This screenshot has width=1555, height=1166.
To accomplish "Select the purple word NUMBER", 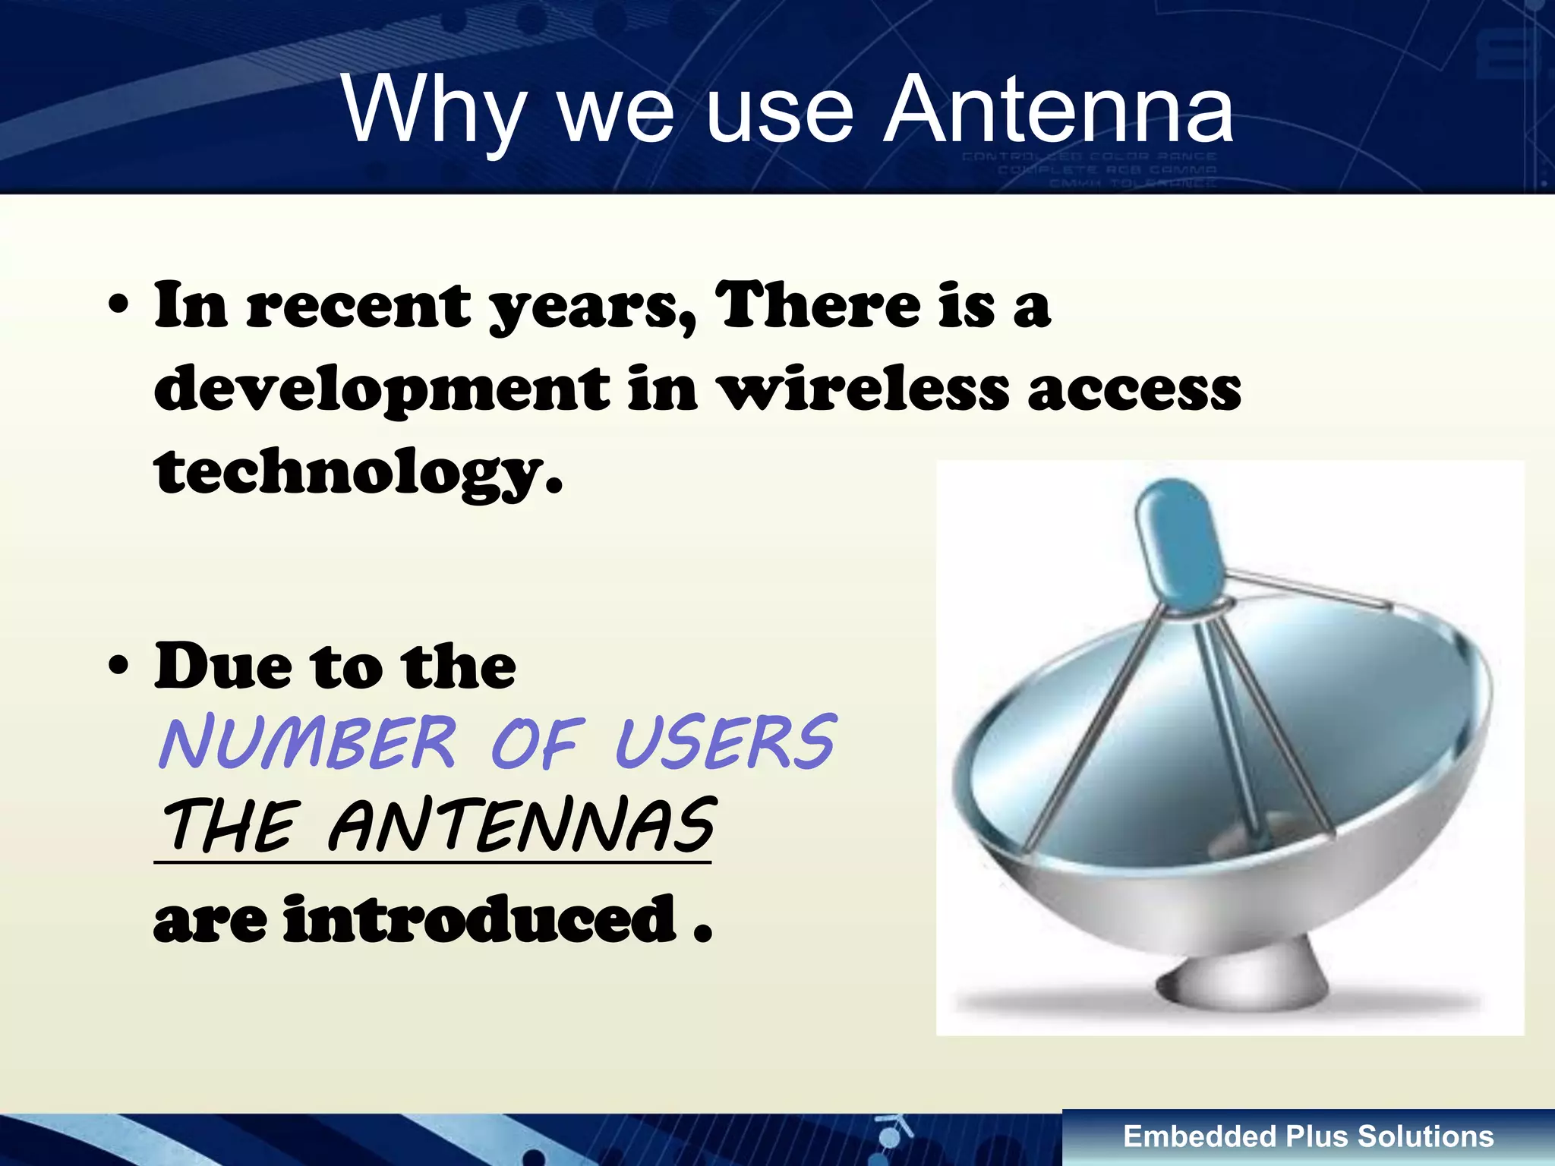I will [308, 743].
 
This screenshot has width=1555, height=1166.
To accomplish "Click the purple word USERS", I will [725, 743].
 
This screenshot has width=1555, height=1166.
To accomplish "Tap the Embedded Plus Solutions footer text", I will [1308, 1136].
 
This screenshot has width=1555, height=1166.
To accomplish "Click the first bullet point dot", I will [118, 307].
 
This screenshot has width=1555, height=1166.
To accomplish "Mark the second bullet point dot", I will [118, 666].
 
